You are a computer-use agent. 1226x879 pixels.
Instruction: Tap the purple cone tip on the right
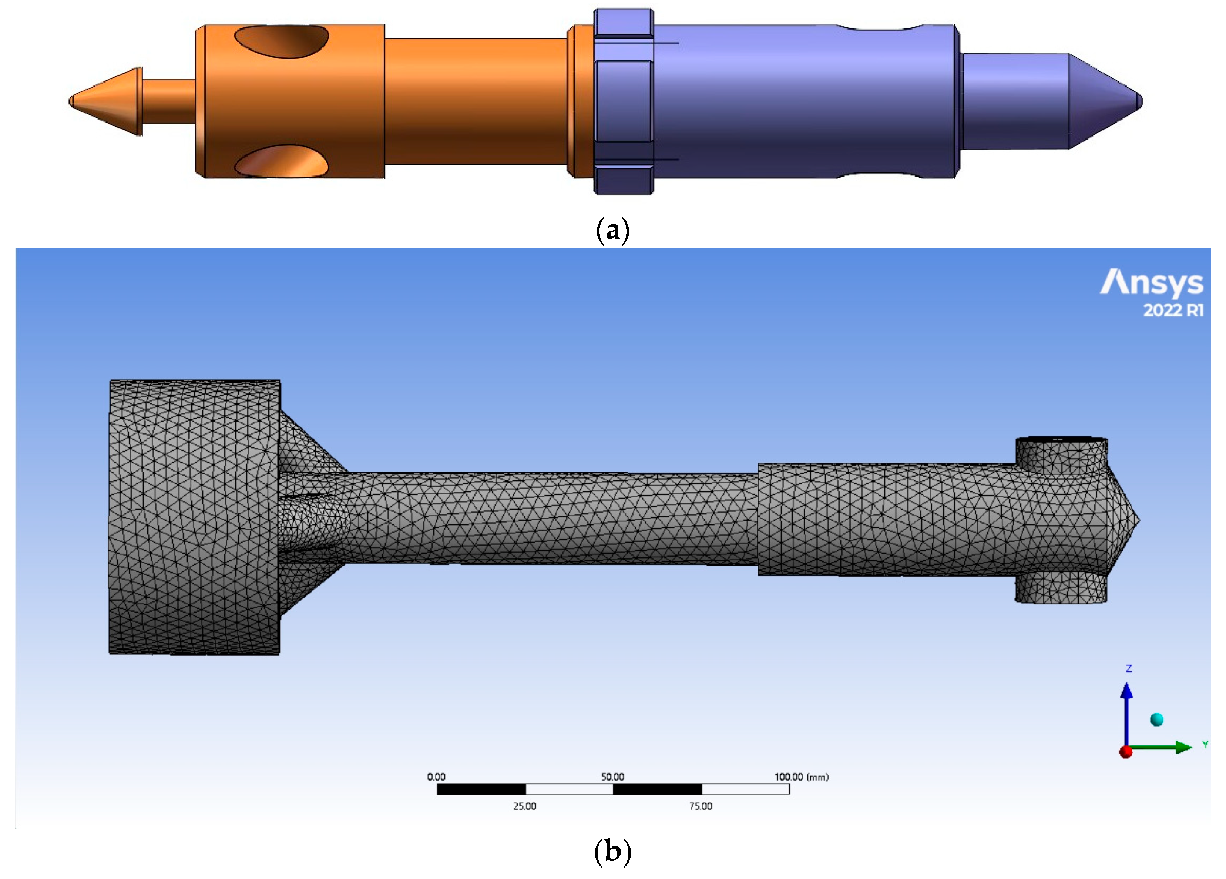pyautogui.click(x=1103, y=101)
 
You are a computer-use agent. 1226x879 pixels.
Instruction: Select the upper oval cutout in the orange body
pyautogui.click(x=281, y=41)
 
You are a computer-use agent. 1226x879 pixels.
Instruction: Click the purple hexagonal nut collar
pyautogui.click(x=623, y=101)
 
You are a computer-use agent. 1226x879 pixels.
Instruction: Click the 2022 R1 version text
pyautogui.click(x=1173, y=310)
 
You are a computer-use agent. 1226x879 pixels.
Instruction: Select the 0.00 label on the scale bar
pyautogui.click(x=436, y=777)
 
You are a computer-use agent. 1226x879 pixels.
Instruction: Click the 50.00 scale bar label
pyautogui.click(x=612, y=777)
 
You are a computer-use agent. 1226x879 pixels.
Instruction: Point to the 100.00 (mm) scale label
pyautogui.click(x=801, y=777)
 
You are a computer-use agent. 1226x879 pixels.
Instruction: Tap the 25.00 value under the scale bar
pyautogui.click(x=524, y=806)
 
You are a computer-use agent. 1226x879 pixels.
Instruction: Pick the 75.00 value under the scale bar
pyautogui.click(x=701, y=806)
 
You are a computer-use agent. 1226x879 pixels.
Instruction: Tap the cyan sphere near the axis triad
pyautogui.click(x=1156, y=719)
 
